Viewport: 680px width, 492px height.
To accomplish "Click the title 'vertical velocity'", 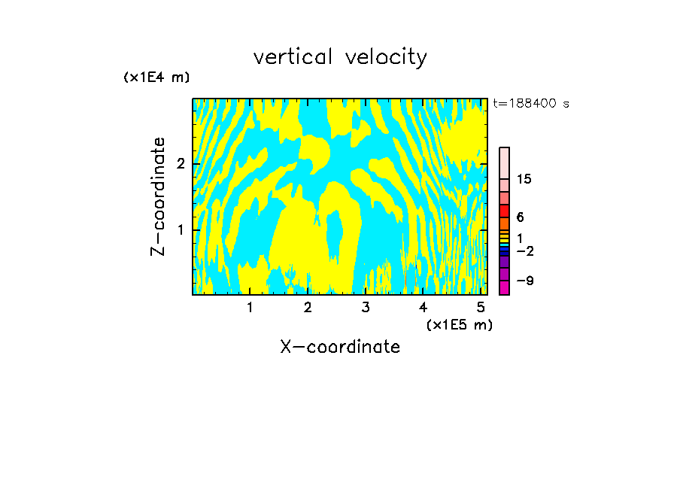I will pyautogui.click(x=340, y=57).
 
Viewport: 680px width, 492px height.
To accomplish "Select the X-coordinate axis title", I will pyautogui.click(x=340, y=347).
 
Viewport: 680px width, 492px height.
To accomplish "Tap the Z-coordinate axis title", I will pyautogui.click(x=158, y=196).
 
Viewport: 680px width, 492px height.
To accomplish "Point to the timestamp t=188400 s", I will pyautogui.click(x=531, y=104).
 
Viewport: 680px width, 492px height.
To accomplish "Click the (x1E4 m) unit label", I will pyautogui.click(x=156, y=77).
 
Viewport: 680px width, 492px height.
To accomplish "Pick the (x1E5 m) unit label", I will pyautogui.click(x=459, y=324).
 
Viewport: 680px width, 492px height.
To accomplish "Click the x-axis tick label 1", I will pyautogui.click(x=250, y=307).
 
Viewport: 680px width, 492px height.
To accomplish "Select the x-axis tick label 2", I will pyautogui.click(x=308, y=307).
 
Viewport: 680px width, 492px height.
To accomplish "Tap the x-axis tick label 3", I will pyautogui.click(x=366, y=307).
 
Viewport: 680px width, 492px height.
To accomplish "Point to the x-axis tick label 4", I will pyautogui.click(x=423, y=307).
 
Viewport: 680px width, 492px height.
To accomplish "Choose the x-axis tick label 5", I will pyautogui.click(x=481, y=307).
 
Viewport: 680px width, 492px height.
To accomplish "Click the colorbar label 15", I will pyautogui.click(x=524, y=179).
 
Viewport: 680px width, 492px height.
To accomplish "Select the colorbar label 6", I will pyautogui.click(x=520, y=217).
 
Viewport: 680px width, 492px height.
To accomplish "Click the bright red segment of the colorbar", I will pyautogui.click(x=504, y=211).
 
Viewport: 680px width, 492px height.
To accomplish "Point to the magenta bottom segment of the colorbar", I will pyautogui.click(x=504, y=287).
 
